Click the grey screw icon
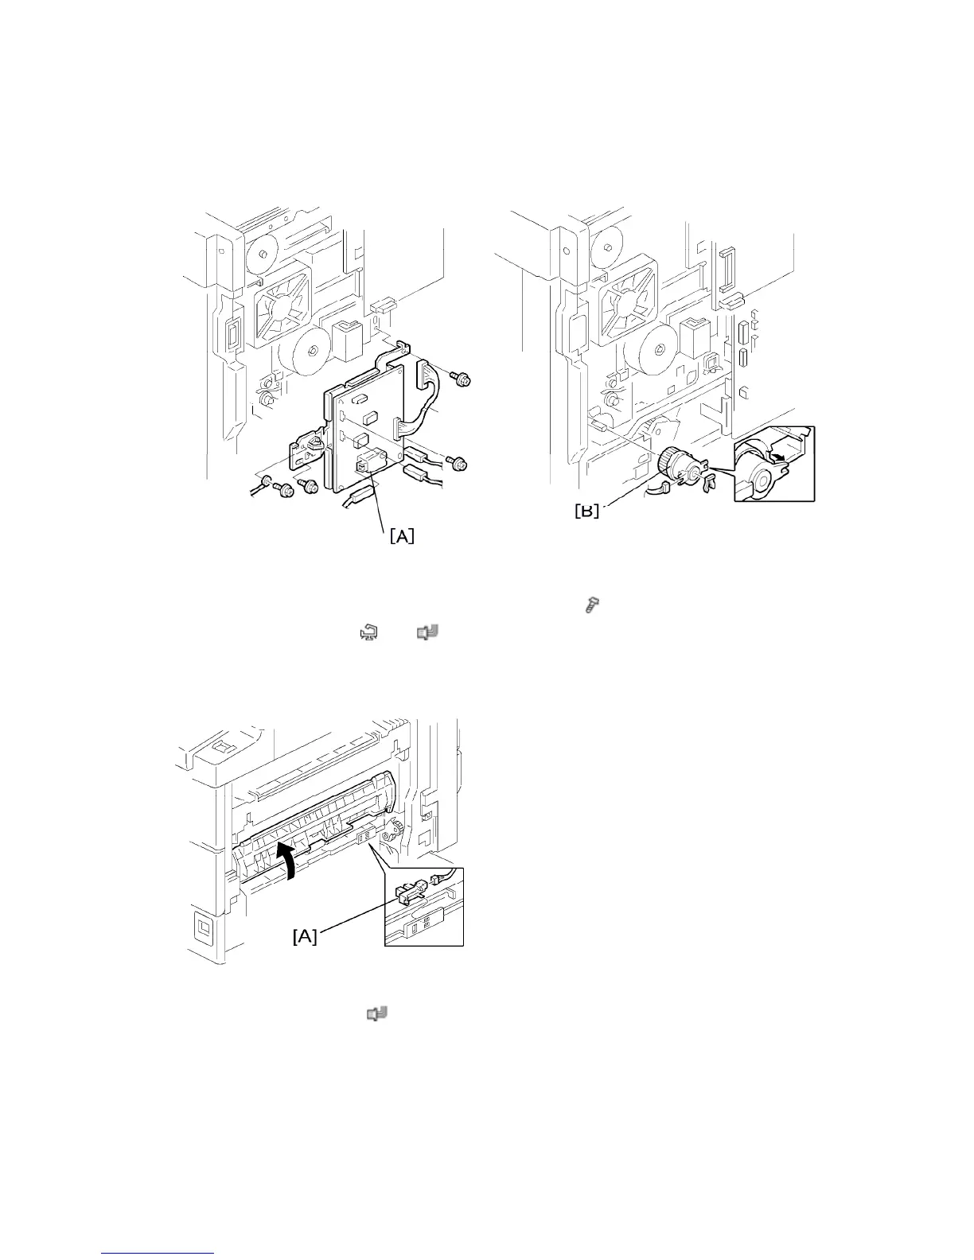coord(592,606)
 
